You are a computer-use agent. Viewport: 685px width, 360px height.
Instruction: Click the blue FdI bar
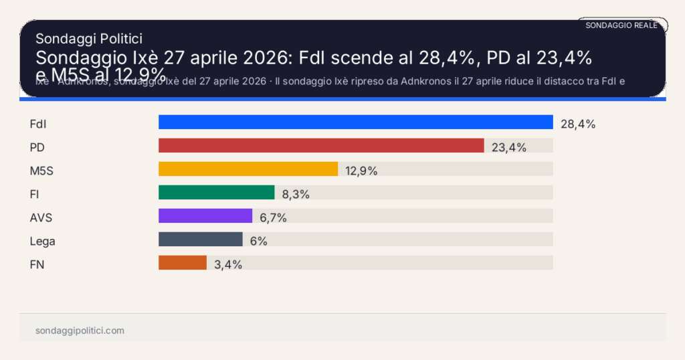[355, 122]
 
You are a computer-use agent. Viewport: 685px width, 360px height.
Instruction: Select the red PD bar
[321, 146]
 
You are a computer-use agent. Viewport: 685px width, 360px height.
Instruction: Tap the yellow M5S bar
[248, 169]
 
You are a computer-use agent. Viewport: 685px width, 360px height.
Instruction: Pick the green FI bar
[217, 193]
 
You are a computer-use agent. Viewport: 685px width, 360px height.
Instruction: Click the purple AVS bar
[205, 216]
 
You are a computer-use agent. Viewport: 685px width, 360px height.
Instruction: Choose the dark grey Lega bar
[201, 240]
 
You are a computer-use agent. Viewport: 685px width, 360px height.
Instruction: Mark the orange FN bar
[183, 263]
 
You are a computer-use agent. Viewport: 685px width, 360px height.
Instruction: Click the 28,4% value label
[578, 124]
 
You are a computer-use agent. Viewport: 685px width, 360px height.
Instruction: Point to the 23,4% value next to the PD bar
[509, 147]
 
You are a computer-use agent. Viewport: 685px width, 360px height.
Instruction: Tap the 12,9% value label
[361, 171]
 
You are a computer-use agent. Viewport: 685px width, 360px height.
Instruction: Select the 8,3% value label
[296, 194]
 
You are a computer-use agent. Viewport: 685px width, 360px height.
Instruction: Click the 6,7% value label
[274, 217]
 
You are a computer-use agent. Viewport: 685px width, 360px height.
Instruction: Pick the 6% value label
[259, 241]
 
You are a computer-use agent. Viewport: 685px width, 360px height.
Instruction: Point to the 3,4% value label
[228, 264]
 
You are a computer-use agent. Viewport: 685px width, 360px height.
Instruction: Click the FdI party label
[38, 124]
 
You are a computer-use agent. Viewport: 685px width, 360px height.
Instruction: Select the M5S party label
[41, 171]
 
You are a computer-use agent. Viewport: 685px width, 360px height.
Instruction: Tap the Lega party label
[43, 241]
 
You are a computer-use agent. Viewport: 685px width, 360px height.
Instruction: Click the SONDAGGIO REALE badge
[621, 25]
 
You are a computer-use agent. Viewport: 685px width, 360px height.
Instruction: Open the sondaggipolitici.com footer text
[80, 331]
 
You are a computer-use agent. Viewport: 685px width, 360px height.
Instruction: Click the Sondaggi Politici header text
[89, 39]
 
